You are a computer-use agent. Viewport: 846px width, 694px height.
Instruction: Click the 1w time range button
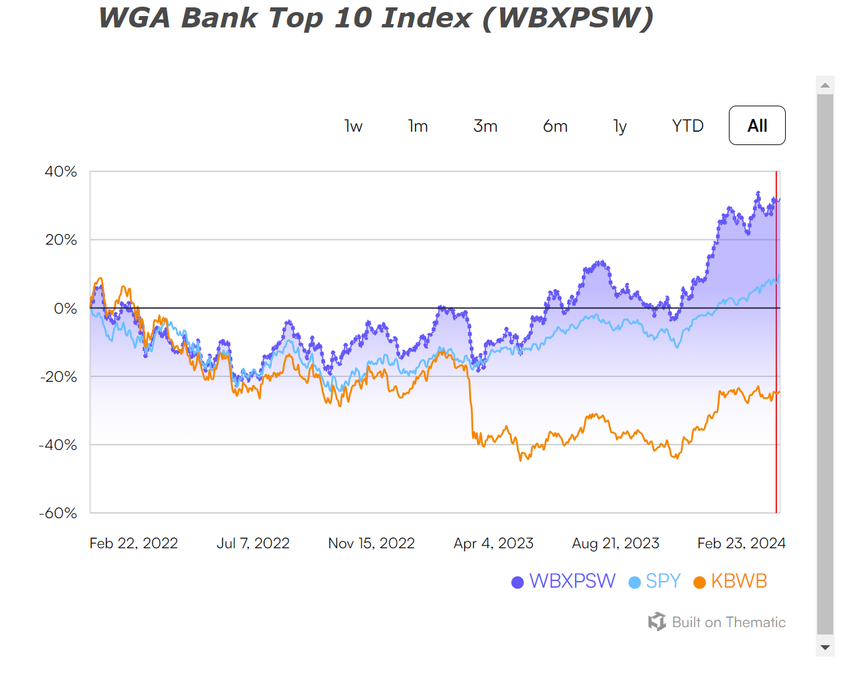tap(353, 126)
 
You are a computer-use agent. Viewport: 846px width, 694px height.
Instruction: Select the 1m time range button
tap(418, 126)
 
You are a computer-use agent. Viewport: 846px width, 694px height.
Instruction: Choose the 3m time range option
tap(485, 126)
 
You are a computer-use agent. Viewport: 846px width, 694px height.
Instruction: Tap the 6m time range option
tap(555, 126)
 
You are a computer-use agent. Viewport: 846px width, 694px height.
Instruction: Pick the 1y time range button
tap(620, 126)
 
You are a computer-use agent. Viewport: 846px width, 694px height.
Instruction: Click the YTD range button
tap(687, 126)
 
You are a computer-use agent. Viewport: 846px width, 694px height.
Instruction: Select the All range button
tap(757, 126)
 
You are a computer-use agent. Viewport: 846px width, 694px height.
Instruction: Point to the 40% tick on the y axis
tap(61, 172)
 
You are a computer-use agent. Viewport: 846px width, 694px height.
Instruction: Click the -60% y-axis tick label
tap(58, 513)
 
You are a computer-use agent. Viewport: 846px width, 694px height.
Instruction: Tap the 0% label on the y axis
tap(66, 309)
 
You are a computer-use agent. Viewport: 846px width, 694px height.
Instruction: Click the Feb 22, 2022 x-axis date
tap(134, 544)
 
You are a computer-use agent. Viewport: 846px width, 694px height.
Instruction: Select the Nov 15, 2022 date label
tap(371, 544)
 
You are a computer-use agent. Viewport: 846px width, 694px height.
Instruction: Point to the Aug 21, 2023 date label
tap(616, 544)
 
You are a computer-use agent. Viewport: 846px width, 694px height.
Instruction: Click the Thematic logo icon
tap(657, 622)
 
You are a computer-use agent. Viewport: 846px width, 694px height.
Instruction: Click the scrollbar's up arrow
tap(825, 85)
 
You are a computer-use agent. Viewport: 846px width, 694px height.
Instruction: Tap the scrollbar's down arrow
tap(825, 647)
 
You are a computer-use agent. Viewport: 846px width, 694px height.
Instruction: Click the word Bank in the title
tap(220, 18)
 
